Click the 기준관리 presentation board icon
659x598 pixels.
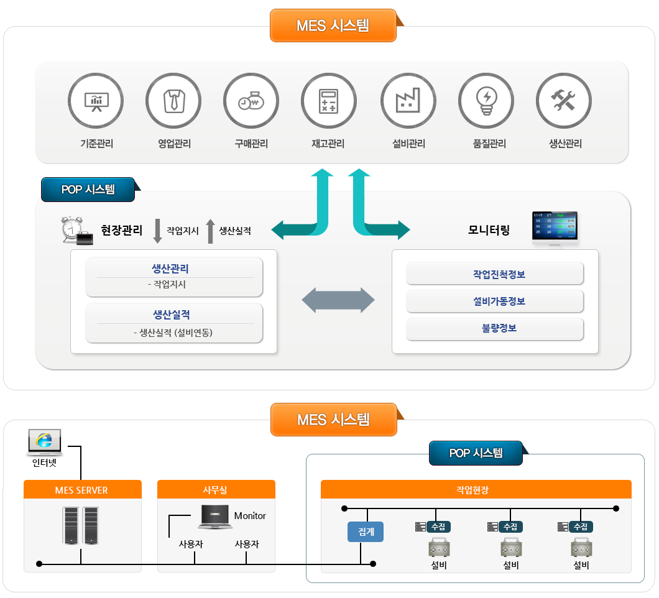tap(96, 101)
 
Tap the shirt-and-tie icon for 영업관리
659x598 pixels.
tap(173, 101)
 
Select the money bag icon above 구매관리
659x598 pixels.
tap(251, 101)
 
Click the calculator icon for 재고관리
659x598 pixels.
tap(328, 101)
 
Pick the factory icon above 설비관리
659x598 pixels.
tap(408, 101)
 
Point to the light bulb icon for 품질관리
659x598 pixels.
tap(486, 101)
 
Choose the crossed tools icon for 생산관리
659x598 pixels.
tap(564, 101)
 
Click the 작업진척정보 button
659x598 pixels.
tap(494, 274)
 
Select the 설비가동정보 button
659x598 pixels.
tap(494, 301)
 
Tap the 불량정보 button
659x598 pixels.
tap(494, 328)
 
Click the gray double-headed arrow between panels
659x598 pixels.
tap(338, 301)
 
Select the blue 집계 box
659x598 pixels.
tap(365, 532)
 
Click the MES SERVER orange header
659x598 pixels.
tap(82, 490)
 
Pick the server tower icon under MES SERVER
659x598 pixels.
tap(81, 526)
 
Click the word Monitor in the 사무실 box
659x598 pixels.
tap(250, 516)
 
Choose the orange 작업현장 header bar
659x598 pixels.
tap(476, 489)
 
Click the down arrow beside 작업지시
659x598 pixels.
tap(157, 231)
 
